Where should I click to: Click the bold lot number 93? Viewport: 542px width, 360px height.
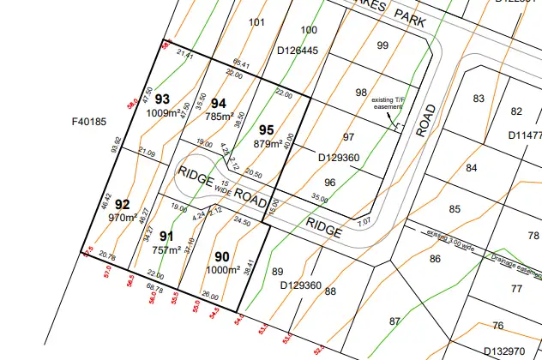[162, 99]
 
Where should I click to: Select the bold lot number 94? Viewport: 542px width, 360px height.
[219, 104]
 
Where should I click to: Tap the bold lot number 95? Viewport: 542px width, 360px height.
[266, 129]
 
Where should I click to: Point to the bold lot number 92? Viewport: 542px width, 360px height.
[123, 204]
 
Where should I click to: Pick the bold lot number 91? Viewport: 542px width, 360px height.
[166, 237]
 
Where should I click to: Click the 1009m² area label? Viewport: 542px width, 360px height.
[162, 112]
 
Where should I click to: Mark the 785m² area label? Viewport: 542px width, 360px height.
[220, 117]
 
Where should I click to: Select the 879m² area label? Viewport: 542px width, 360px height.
[268, 143]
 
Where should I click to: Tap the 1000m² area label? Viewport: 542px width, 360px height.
[222, 270]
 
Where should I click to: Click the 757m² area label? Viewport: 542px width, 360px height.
[167, 250]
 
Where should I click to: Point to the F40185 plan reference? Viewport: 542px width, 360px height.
[88, 122]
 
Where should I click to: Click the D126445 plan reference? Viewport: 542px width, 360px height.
[298, 51]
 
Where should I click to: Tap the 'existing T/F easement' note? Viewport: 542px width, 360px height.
[388, 104]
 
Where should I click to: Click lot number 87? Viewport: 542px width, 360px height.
[394, 321]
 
